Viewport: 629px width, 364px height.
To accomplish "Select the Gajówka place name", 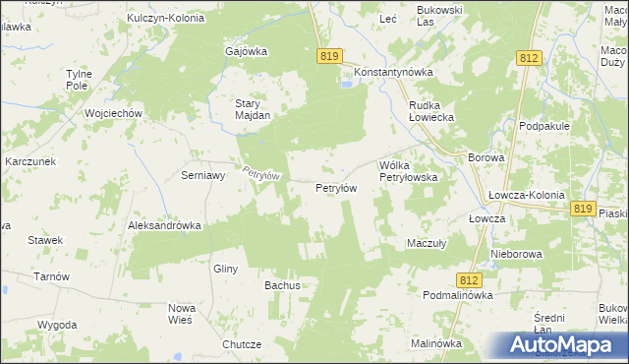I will [x=247, y=52].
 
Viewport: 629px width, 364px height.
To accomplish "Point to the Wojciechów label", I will [x=115, y=113].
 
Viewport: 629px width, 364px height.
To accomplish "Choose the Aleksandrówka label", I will [x=164, y=225].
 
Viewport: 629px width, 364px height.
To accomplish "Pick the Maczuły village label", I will [x=428, y=243].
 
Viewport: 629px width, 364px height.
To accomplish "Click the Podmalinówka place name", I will [x=458, y=295].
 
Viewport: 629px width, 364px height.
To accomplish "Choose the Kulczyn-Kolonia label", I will [x=166, y=18].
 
